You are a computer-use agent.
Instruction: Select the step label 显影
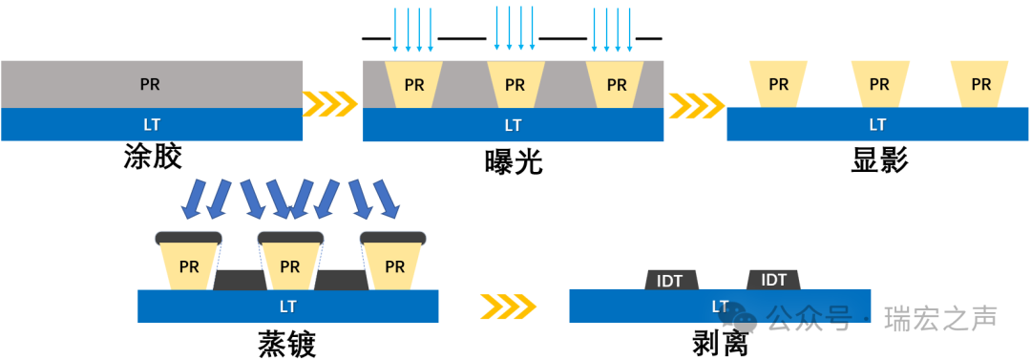[878, 159]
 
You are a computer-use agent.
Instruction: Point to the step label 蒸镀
[286, 343]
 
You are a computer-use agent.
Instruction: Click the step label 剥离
[720, 343]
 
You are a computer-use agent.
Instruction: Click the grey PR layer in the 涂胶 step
[151, 84]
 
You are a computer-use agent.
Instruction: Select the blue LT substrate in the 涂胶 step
[151, 124]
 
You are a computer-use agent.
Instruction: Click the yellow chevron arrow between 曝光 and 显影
[695, 102]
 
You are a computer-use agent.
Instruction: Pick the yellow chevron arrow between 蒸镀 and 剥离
[508, 306]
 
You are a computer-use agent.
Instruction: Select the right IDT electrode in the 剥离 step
[773, 279]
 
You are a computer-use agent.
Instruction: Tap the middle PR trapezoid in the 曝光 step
[515, 84]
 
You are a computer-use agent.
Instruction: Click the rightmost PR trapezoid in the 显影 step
[981, 84]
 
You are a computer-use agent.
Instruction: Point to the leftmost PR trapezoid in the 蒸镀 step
[189, 265]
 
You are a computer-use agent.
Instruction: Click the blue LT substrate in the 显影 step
[877, 124]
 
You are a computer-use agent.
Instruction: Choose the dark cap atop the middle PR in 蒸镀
[290, 237]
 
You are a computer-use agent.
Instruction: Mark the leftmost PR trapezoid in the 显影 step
[779, 84]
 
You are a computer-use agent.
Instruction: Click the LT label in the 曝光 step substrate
[513, 125]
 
